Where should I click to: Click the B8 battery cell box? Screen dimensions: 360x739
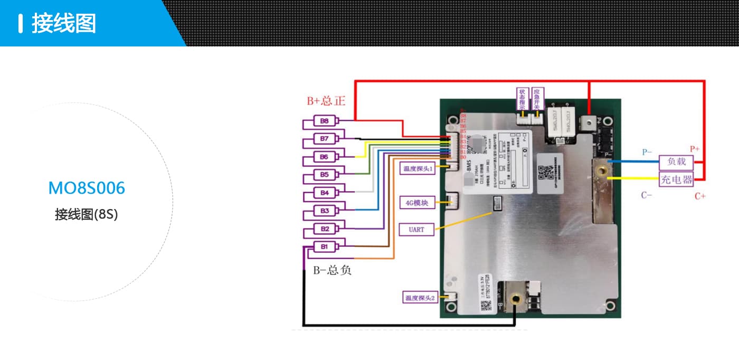[325, 121]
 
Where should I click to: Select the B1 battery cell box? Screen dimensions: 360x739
[325, 247]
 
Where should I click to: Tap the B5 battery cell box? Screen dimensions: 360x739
[325, 174]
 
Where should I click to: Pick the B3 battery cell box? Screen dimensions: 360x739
[325, 211]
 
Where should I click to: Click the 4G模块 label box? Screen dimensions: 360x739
[417, 202]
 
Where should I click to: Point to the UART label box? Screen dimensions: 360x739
[416, 230]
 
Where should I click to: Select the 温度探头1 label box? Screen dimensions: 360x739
[418, 169]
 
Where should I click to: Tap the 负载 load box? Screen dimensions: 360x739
[676, 162]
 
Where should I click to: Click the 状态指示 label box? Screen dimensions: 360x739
[522, 99]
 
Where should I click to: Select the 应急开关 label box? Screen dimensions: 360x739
[537, 99]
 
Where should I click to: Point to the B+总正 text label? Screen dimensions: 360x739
[326, 100]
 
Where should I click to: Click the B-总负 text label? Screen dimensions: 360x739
[332, 271]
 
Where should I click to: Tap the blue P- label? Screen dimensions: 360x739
[647, 152]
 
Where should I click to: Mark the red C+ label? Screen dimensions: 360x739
[700, 196]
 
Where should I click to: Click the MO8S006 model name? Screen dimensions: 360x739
[87, 188]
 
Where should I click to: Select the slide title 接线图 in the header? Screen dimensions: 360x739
[64, 24]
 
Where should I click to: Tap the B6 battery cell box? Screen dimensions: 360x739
[325, 157]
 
